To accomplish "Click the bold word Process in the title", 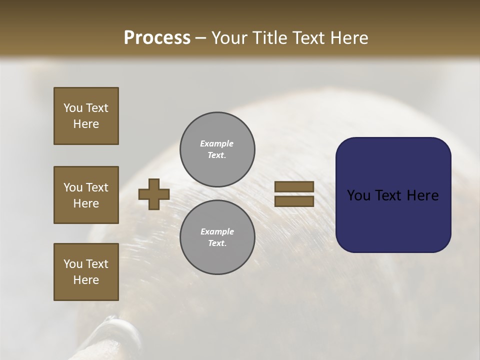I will pos(157,37).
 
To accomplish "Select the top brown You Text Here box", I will pos(86,116).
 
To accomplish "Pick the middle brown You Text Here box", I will pos(86,195).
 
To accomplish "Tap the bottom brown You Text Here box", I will pos(86,272).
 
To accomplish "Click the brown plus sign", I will pos(154,194).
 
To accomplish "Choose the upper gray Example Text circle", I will pos(217,149).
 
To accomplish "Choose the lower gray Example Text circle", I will pos(217,237).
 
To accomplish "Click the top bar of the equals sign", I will pos(294,187).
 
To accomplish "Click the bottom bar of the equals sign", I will pos(294,201).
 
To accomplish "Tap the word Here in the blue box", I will pos(422,195).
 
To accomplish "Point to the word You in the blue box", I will pos(358,195).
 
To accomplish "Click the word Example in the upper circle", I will pos(216,143).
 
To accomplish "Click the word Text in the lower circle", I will pos(217,243).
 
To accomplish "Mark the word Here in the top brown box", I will pos(86,124).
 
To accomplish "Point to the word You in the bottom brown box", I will pos(73,264).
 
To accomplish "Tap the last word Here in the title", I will pos(350,37).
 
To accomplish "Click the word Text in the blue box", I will pos(389,195).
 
